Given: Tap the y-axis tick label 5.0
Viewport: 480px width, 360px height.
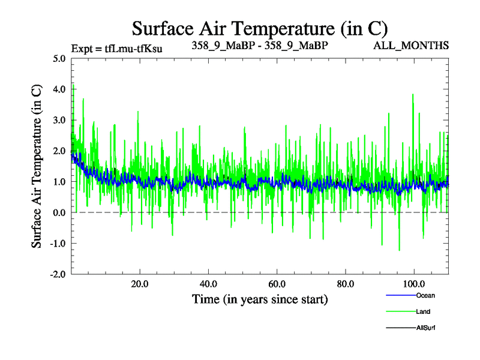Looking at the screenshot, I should [60, 59].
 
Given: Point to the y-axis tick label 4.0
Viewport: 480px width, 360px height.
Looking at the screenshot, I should [60, 89].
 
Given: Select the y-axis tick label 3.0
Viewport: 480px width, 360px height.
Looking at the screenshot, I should [60, 120].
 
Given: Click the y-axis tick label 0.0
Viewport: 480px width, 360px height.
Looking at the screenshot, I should [60, 212].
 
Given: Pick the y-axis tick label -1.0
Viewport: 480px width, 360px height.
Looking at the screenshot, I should [58, 243].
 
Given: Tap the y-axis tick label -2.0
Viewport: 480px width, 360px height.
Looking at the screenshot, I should [58, 274].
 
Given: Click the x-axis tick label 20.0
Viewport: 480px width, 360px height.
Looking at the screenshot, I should [140, 283].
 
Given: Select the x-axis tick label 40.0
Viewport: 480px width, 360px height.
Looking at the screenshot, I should [208, 283].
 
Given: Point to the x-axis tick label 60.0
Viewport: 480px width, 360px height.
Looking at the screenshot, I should [277, 283].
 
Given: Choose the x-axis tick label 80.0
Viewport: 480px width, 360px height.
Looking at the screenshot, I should [345, 283].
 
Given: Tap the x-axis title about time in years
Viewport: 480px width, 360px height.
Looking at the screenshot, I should [260, 299].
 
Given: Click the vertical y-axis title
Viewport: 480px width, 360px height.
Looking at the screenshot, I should [37, 166].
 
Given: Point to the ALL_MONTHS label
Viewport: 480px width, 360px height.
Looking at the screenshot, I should [412, 46].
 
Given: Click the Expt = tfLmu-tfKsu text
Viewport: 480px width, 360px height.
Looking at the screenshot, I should [116, 47].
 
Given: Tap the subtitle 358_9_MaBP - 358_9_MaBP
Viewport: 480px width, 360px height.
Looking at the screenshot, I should [260, 45].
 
